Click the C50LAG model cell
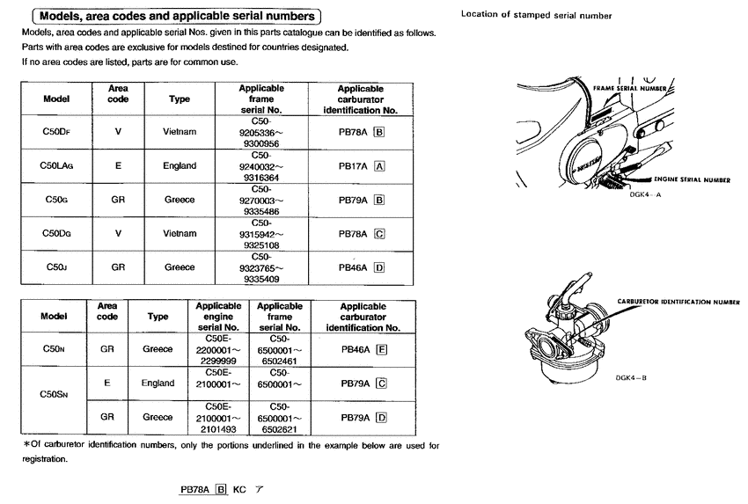tap(56, 165)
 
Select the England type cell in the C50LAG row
tap(180, 165)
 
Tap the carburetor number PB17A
tap(354, 165)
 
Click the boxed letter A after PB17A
tap(379, 165)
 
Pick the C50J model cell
tap(56, 267)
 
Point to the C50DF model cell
tap(56, 131)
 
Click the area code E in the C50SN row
tap(106, 383)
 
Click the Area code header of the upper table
tap(118, 94)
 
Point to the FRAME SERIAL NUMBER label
tap(630, 90)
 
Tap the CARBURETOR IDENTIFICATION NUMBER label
tap(678, 301)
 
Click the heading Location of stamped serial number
tap(536, 15)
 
